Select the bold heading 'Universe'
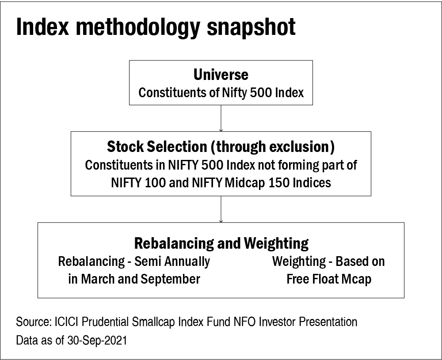click(221, 75)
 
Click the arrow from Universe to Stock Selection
click(221, 118)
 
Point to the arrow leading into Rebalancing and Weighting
click(221, 209)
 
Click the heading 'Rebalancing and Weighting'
click(221, 243)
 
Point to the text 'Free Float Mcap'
click(329, 280)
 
